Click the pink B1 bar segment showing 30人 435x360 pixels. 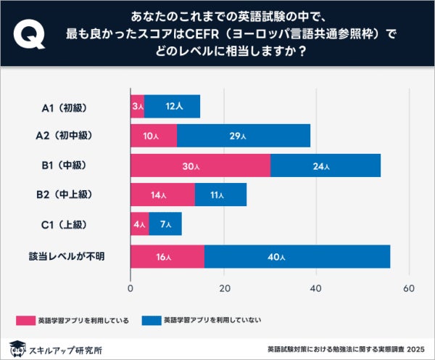[x=200, y=165]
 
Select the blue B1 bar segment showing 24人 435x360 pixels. [x=326, y=165]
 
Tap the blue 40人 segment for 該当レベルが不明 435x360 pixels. [x=297, y=257]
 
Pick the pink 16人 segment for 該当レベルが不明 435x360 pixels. [x=167, y=257]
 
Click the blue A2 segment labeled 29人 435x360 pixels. [x=244, y=136]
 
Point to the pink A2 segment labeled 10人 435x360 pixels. [x=154, y=136]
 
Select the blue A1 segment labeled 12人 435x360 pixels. [x=173, y=107]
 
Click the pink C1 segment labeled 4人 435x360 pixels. [x=139, y=224]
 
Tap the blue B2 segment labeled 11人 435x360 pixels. [x=220, y=195]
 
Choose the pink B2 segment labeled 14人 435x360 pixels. [x=162, y=195]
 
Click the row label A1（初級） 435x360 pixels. [x=65, y=107]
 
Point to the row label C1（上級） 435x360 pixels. [x=65, y=224]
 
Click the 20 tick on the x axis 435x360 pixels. [x=223, y=289]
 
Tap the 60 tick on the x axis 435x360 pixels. [x=408, y=289]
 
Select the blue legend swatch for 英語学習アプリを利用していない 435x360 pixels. [x=151, y=319]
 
